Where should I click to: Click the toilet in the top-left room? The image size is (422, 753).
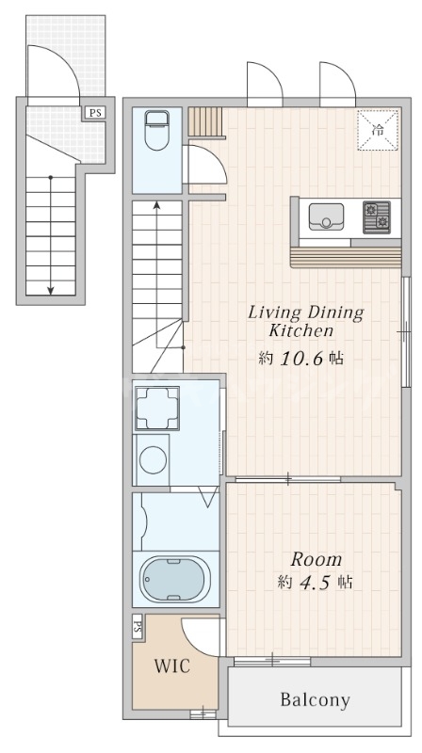pyautogui.click(x=156, y=130)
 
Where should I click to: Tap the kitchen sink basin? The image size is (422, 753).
pyautogui.click(x=326, y=216)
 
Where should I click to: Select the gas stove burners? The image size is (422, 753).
pyautogui.click(x=377, y=217)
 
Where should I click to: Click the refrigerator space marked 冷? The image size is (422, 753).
pyautogui.click(x=378, y=130)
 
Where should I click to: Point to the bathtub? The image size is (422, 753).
pyautogui.click(x=175, y=579)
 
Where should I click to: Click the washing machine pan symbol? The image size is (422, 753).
pyautogui.click(x=157, y=409)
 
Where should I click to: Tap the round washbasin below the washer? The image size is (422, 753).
pyautogui.click(x=153, y=459)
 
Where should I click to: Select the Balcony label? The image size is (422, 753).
pyautogui.click(x=315, y=700)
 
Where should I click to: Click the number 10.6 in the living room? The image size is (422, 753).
pyautogui.click(x=302, y=358)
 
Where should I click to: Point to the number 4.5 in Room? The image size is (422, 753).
pyautogui.click(x=315, y=583)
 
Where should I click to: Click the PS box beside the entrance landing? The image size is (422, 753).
pyautogui.click(x=95, y=113)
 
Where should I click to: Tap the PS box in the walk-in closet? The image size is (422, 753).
pyautogui.click(x=137, y=627)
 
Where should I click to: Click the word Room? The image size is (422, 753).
pyautogui.click(x=316, y=560)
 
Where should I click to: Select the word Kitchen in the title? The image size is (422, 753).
pyautogui.click(x=300, y=330)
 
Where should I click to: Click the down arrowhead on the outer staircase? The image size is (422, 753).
pyautogui.click(x=51, y=290)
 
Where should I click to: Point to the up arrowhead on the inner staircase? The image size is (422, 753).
pyautogui.click(x=156, y=205)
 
